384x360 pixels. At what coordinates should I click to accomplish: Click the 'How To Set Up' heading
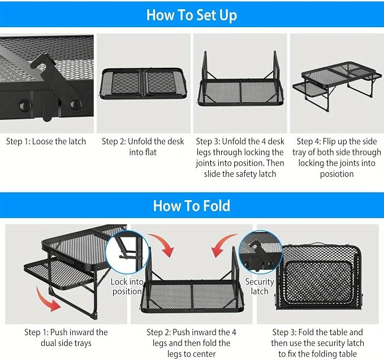coord(192,15)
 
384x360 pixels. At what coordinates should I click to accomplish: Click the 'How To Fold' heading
coord(192,206)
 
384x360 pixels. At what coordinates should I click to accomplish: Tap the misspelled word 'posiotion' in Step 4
coord(336,174)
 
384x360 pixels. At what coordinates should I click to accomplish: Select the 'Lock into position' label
coord(127,287)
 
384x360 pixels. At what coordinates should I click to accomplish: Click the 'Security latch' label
coord(260,287)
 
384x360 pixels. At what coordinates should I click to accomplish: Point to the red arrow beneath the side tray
coord(47,300)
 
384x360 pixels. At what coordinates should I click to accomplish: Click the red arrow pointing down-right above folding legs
coord(162,245)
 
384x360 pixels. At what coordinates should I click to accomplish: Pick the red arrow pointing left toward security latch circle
coord(223,245)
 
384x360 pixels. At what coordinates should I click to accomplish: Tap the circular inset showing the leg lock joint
coord(127,252)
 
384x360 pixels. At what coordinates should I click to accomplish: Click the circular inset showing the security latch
coord(261,251)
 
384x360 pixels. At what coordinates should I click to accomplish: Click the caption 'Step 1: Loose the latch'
coord(46,141)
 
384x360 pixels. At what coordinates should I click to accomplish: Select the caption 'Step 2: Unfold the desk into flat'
coord(143,147)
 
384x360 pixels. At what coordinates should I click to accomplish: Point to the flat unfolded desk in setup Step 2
coord(143,84)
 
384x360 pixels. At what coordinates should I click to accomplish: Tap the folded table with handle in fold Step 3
coord(320,276)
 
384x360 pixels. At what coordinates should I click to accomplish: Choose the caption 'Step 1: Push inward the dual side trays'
coord(66,338)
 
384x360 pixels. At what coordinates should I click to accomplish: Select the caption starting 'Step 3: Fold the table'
coord(317,343)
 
